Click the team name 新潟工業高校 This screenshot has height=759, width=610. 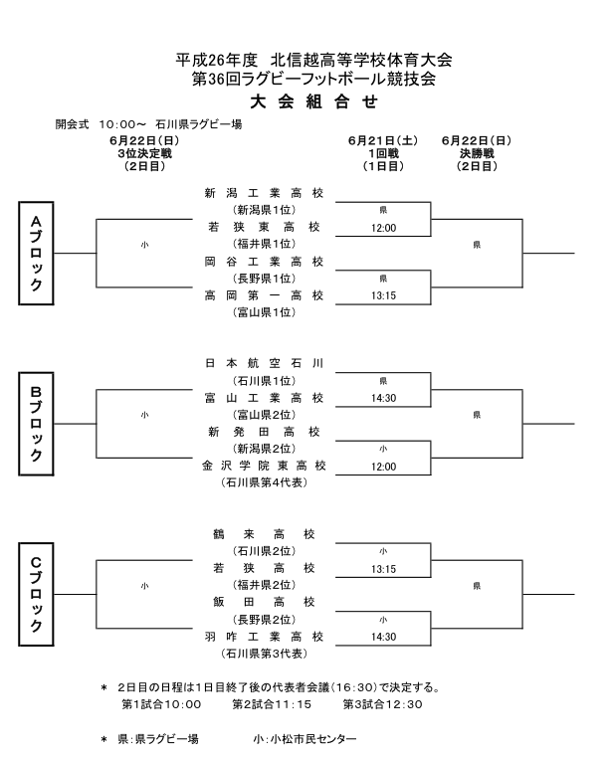pyautogui.click(x=264, y=193)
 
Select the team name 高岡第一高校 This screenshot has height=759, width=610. pyautogui.click(x=264, y=295)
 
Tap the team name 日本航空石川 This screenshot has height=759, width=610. pyautogui.click(x=264, y=363)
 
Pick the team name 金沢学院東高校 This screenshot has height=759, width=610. pyautogui.click(x=264, y=466)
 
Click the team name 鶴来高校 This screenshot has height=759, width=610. pyautogui.click(x=264, y=533)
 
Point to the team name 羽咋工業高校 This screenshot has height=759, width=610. pyautogui.click(x=264, y=637)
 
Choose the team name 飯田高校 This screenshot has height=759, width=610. pyautogui.click(x=264, y=602)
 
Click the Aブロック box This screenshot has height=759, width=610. pyautogui.click(x=35, y=254)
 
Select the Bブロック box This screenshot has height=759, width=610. pyautogui.click(x=35, y=424)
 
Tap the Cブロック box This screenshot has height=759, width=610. pyautogui.click(x=35, y=594)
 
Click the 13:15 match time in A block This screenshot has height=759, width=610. pyautogui.click(x=383, y=296)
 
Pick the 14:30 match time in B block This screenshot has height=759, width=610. pyautogui.click(x=383, y=398)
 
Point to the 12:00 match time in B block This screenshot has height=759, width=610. pyautogui.click(x=383, y=467)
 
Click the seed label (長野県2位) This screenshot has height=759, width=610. pyautogui.click(x=264, y=619)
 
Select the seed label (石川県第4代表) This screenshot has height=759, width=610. pyautogui.click(x=264, y=482)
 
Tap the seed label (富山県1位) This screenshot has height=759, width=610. pyautogui.click(x=264, y=312)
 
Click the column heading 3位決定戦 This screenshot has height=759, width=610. pyautogui.click(x=143, y=154)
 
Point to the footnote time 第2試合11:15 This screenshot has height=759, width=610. pyautogui.click(x=272, y=704)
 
